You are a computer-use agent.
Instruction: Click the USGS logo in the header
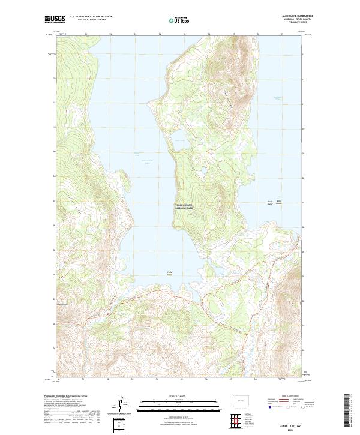coord(55,19)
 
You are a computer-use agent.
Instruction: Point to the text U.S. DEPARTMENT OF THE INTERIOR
coord(91,17)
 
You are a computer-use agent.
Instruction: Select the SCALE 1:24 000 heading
coord(180,397)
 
